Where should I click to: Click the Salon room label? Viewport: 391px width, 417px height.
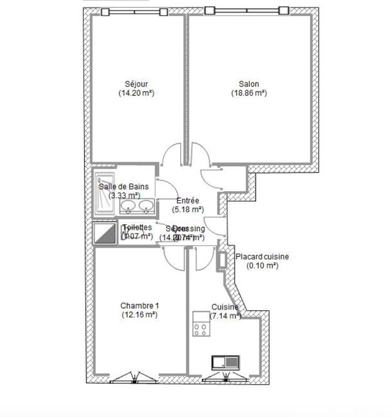click(249, 84)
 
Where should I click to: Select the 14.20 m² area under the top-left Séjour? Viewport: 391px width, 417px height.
click(137, 93)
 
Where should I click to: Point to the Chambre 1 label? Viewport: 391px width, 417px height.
click(139, 305)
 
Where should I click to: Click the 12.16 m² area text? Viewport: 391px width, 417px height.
click(139, 315)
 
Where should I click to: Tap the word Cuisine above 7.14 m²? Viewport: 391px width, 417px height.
click(225, 307)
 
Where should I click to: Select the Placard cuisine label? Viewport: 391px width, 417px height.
click(262, 256)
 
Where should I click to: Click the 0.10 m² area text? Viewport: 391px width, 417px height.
click(262, 265)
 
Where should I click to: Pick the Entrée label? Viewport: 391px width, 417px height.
click(187, 201)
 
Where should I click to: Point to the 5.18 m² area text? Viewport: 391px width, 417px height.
click(187, 210)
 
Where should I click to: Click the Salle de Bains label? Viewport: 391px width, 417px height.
click(124, 186)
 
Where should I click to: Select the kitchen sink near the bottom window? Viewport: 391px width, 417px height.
click(225, 362)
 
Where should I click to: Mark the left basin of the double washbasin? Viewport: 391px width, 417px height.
click(129, 207)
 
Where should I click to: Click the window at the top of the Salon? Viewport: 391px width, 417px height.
click(247, 10)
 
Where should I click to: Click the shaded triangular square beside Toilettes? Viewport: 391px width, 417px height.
click(105, 234)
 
